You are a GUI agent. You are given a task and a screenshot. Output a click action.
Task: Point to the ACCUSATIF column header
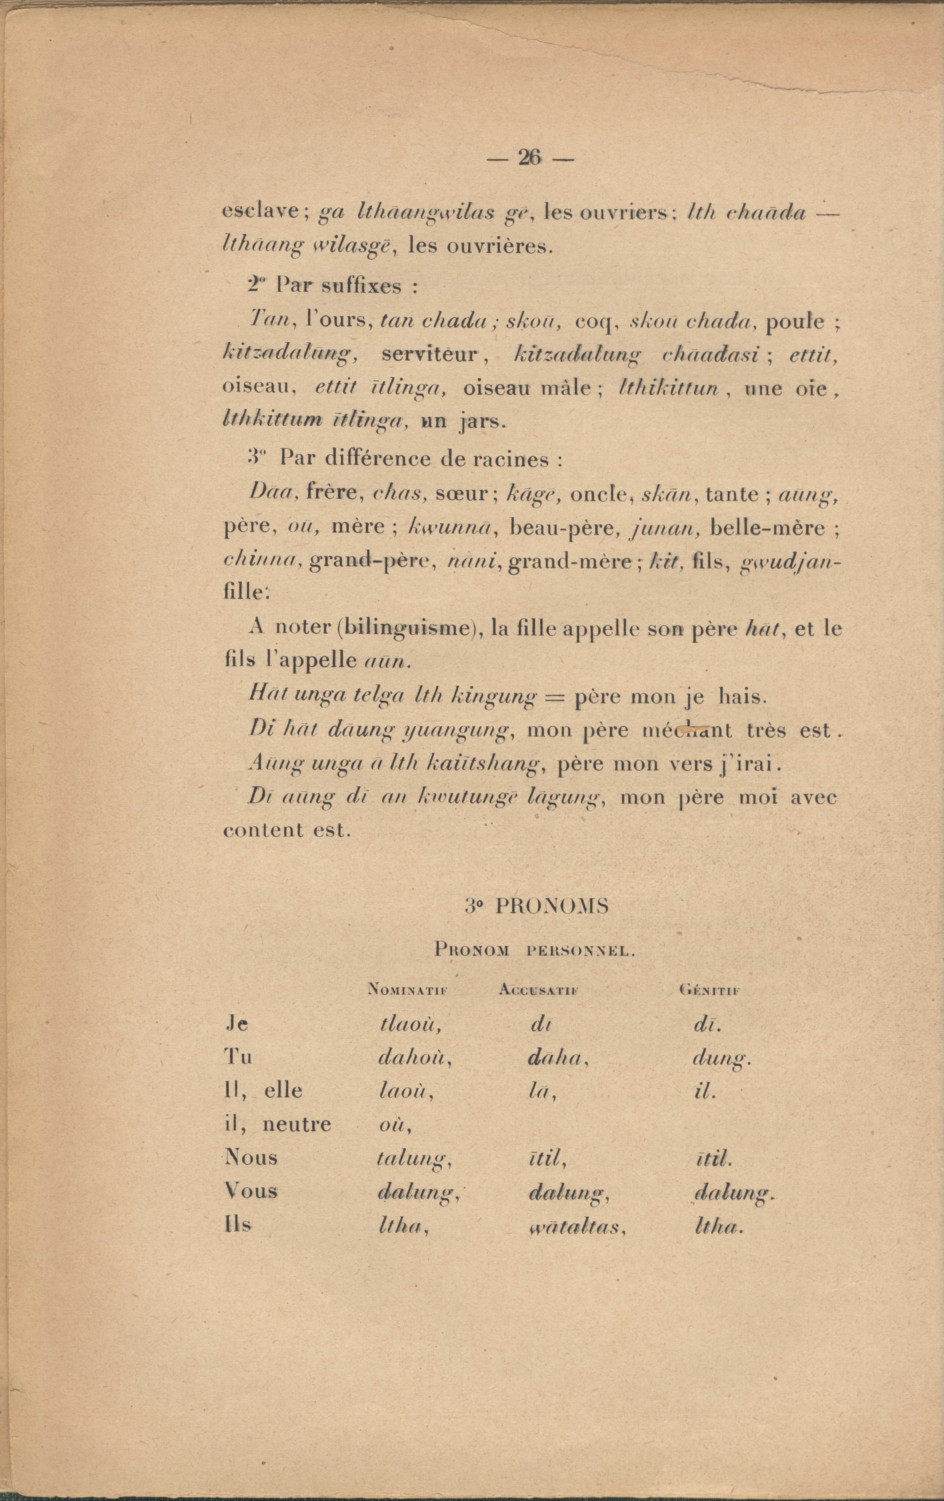[x=539, y=989]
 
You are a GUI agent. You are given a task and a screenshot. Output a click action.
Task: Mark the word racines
[x=522, y=460]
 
